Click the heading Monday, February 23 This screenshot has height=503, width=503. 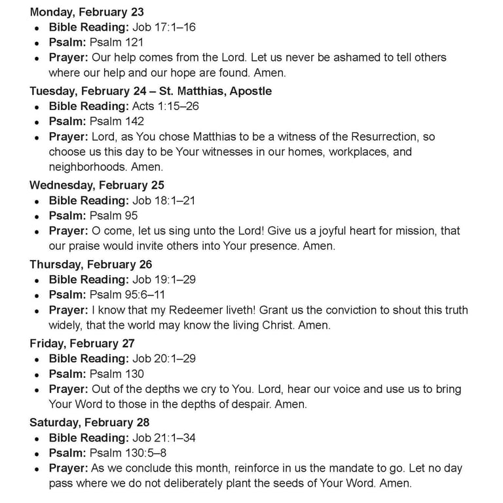click(86, 12)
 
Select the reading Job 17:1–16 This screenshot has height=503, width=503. click(164, 27)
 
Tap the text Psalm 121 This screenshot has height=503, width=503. click(117, 42)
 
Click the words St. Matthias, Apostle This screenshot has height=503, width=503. click(215, 91)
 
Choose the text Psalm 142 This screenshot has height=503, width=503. click(117, 121)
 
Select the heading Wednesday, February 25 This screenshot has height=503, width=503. click(96, 185)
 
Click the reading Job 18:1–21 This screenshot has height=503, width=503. click(164, 200)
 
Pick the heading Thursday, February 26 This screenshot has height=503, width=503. click(90, 264)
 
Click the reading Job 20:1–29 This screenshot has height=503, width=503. click(164, 358)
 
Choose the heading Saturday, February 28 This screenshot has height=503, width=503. click(89, 422)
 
